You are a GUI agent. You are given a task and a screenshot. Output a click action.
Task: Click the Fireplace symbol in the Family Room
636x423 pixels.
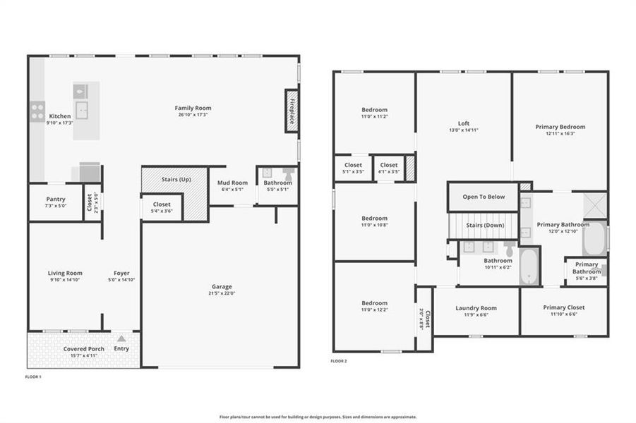[x=290, y=110]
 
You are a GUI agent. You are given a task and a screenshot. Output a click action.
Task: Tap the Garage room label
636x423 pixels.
[x=222, y=286]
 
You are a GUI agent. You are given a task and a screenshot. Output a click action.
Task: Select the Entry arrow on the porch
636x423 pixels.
[x=121, y=339]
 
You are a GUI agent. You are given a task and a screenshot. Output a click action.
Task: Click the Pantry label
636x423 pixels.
[x=56, y=200]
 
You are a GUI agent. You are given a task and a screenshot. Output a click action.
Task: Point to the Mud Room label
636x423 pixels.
[x=232, y=183]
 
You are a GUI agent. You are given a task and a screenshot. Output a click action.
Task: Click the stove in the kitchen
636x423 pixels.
[x=37, y=112]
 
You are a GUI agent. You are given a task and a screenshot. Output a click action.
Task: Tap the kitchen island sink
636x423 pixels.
[x=83, y=110]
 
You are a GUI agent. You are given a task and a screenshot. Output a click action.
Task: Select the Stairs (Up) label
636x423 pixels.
[x=176, y=180]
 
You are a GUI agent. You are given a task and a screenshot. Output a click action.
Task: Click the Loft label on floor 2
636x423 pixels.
[x=463, y=123]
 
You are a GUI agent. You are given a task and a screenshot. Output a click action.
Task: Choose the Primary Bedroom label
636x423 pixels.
[x=560, y=127]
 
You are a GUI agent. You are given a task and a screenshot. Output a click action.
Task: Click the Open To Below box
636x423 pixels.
[x=484, y=197]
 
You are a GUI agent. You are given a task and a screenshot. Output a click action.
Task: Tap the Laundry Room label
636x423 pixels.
[x=476, y=308]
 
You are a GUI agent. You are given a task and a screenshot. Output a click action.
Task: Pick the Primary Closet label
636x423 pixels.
[x=564, y=307]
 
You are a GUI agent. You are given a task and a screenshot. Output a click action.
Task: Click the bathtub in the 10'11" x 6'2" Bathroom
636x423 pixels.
[x=529, y=266]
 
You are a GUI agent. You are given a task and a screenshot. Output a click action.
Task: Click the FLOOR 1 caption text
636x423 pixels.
[x=34, y=377]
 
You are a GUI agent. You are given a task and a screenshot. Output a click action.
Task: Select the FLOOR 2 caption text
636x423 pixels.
[x=339, y=361]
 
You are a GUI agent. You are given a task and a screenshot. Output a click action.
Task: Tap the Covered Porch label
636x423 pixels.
[x=84, y=349]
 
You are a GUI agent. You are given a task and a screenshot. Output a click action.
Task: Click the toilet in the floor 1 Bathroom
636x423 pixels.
[x=288, y=173]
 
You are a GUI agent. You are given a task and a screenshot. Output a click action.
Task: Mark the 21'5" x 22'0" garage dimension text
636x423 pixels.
[x=222, y=293]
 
